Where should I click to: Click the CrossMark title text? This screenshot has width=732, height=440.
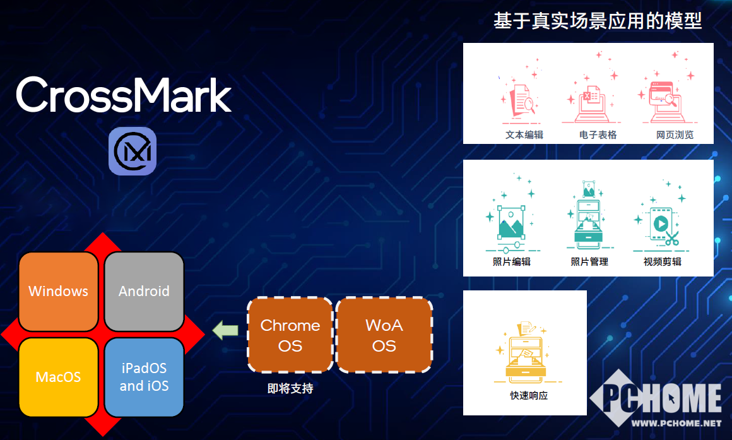click(124, 95)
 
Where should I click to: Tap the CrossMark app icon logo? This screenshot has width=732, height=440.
click(133, 151)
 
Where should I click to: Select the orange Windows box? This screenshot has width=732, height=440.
click(58, 292)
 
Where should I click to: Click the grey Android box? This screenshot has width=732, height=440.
click(144, 292)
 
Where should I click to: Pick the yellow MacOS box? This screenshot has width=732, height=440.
click(58, 377)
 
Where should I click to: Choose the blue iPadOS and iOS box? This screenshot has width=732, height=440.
click(144, 377)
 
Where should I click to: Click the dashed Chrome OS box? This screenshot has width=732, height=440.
click(290, 335)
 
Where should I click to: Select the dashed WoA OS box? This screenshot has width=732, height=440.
click(384, 335)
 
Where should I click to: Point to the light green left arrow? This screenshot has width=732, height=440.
click(225, 331)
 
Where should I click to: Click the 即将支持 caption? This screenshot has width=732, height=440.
click(290, 388)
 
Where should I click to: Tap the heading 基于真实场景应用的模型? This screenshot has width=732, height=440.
click(598, 21)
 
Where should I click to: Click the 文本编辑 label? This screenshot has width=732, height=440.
click(524, 135)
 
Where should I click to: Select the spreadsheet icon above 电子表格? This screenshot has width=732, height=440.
click(591, 104)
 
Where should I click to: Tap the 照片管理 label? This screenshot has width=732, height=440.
click(589, 261)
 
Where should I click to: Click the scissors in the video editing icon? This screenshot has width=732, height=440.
click(672, 238)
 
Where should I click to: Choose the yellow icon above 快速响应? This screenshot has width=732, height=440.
click(526, 350)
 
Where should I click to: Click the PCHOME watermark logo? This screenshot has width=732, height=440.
click(656, 398)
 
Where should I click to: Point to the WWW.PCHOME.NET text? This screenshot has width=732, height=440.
click(676, 423)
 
